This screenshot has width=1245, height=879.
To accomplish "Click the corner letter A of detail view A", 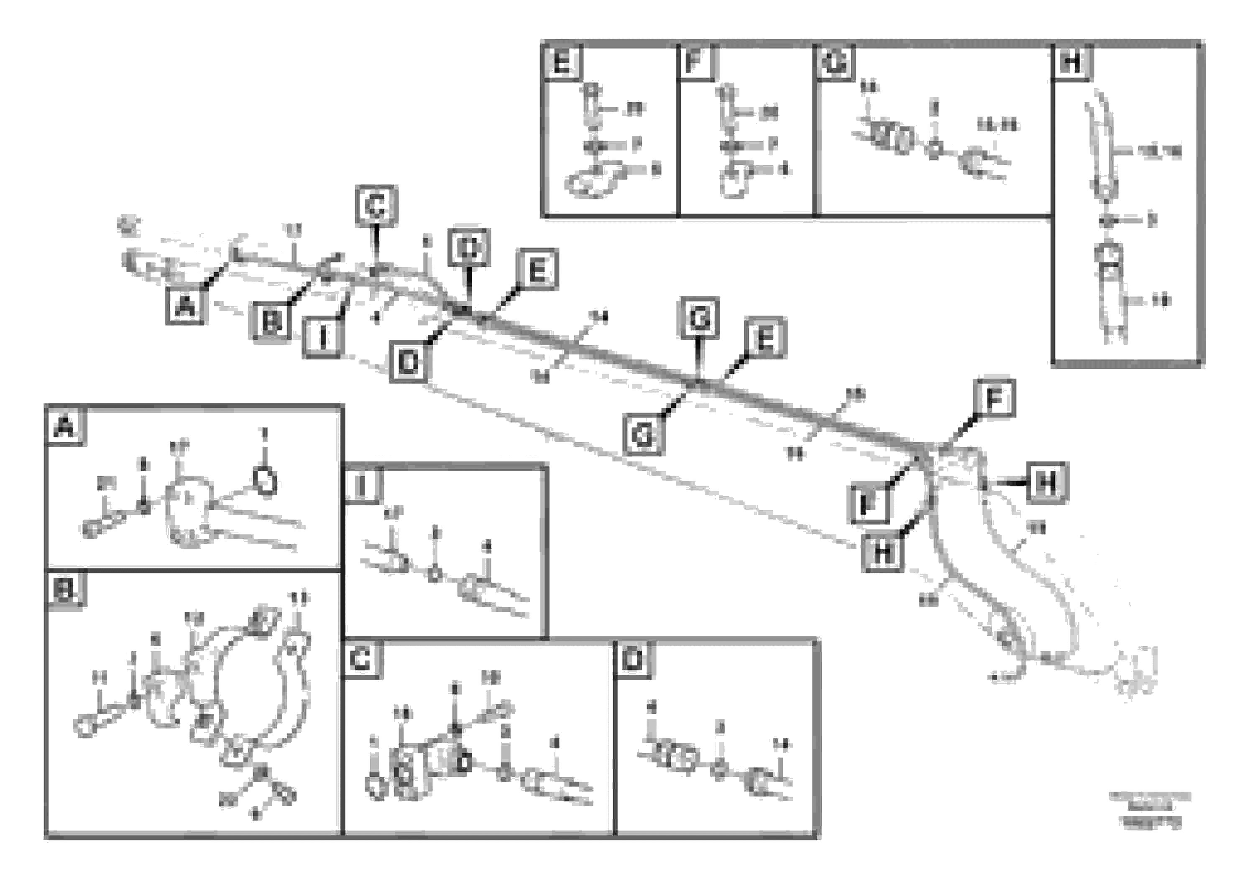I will pyautogui.click(x=64, y=428).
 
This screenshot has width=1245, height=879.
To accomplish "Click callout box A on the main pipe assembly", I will pyautogui.click(x=185, y=307).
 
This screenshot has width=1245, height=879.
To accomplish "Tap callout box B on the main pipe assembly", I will pyautogui.click(x=271, y=322).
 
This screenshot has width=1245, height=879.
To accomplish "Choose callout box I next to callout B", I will pyautogui.click(x=322, y=338).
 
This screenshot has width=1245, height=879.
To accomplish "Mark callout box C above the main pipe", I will pyautogui.click(x=376, y=205).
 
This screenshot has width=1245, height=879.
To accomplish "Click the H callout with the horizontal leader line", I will pyautogui.click(x=1047, y=482).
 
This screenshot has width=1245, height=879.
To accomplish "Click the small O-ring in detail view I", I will pyautogui.click(x=435, y=574).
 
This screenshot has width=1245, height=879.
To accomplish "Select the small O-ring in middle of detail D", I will pyautogui.click(x=719, y=771).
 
